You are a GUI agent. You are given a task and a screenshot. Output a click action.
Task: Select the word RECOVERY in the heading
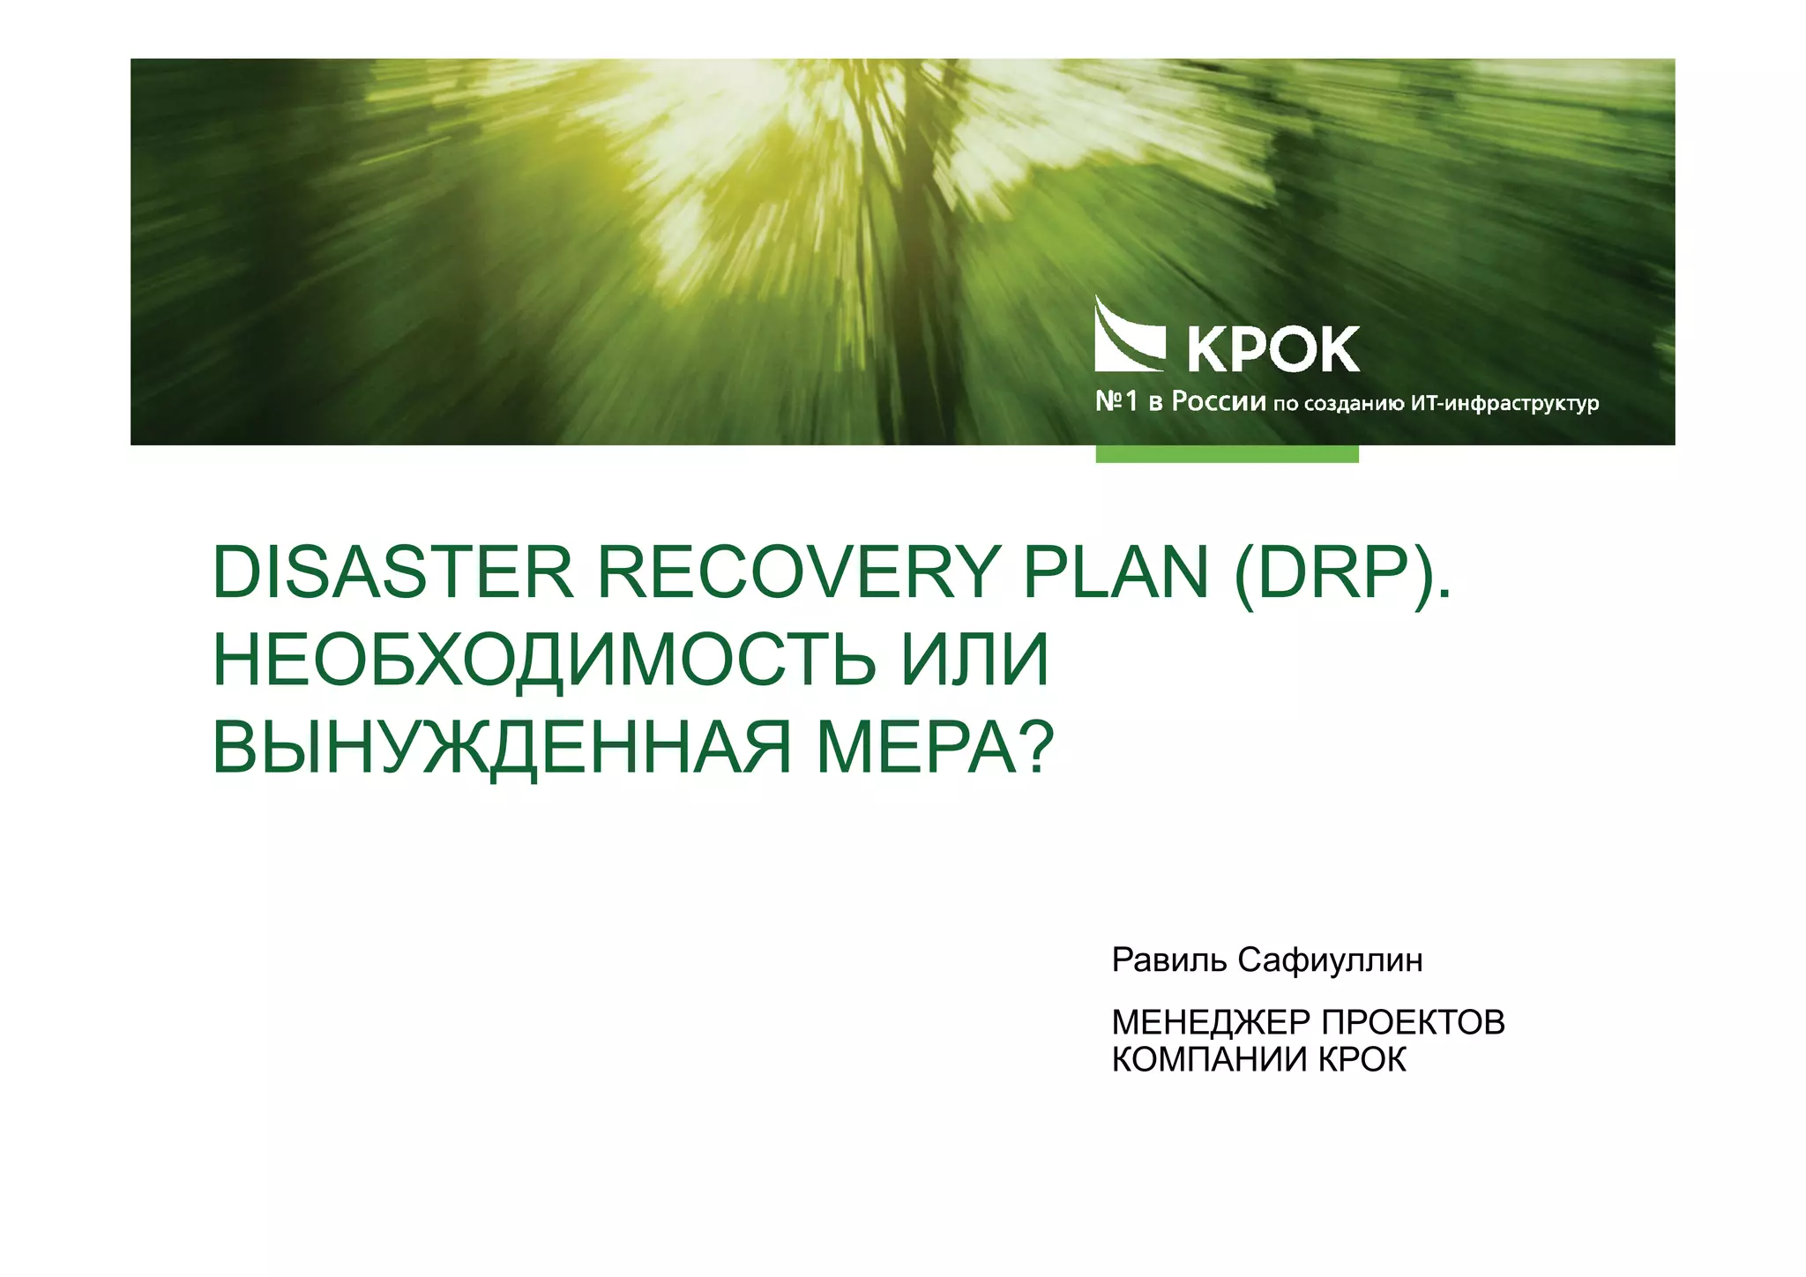pyautogui.click(x=797, y=573)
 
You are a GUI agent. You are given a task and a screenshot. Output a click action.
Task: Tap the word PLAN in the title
pyautogui.click(x=1115, y=573)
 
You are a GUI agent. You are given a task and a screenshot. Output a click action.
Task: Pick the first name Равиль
pyautogui.click(x=1169, y=960)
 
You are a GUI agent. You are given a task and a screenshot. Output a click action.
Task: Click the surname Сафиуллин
pyautogui.click(x=1331, y=960)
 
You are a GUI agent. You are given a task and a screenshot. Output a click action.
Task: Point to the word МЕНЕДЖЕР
pyautogui.click(x=1211, y=1023)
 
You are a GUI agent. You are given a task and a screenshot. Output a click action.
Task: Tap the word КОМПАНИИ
pyautogui.click(x=1209, y=1059)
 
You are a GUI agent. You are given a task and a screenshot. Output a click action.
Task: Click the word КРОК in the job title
pyautogui.click(x=1362, y=1059)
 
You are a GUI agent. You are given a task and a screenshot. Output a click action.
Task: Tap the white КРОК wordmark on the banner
pyautogui.click(x=1273, y=349)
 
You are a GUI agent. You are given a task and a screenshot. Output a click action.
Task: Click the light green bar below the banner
pyautogui.click(x=1227, y=453)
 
